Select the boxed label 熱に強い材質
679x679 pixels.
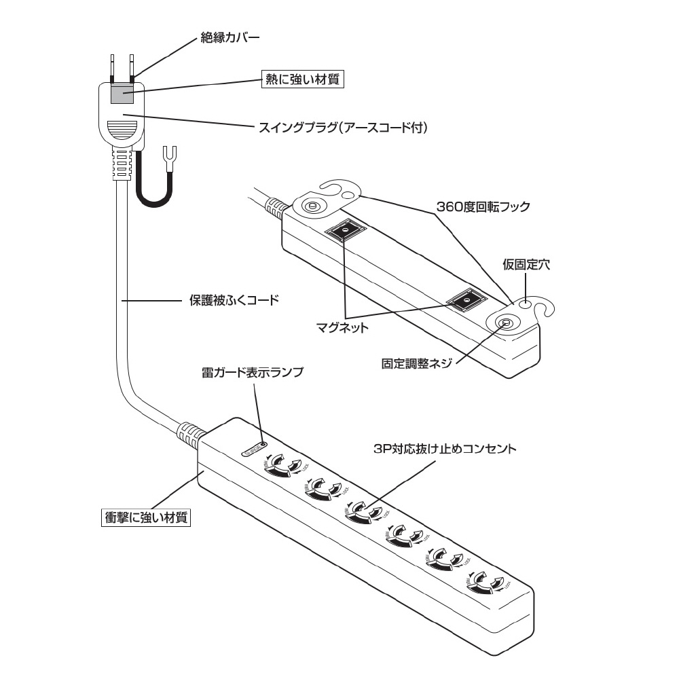[x=303, y=79]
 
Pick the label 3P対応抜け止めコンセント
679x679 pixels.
[x=445, y=449]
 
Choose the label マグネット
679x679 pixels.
[x=344, y=328]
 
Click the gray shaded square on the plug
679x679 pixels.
[x=122, y=94]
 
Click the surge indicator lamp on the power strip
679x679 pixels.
[x=255, y=448]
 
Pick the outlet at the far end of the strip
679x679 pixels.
[x=485, y=582]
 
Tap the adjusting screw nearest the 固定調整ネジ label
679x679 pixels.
[x=505, y=324]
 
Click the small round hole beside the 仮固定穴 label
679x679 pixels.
[x=524, y=305]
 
